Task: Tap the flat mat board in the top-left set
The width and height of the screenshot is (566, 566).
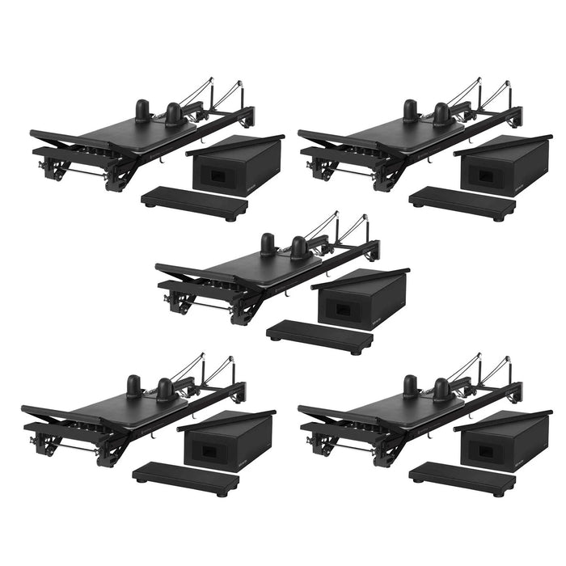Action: [194, 203]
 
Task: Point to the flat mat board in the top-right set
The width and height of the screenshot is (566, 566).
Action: [462, 203]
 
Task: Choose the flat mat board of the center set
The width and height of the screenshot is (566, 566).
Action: [319, 336]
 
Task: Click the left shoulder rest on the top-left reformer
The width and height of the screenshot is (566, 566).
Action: [142, 111]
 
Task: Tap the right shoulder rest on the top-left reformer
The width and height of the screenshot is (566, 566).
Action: [174, 114]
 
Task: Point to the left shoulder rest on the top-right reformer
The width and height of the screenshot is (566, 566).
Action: [410, 111]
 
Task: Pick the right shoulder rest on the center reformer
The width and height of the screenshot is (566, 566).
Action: [299, 247]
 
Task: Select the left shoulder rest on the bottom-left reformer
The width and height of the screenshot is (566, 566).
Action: [133, 386]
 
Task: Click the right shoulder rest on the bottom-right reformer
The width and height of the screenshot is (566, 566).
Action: [441, 390]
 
